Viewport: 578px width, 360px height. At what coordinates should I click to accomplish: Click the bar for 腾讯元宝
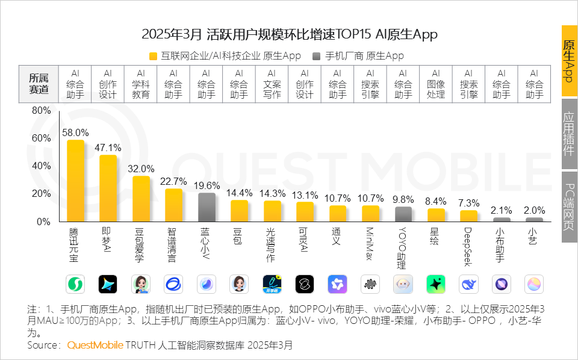[x=75, y=181]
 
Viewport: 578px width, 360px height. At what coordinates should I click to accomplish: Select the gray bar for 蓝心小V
[x=207, y=207]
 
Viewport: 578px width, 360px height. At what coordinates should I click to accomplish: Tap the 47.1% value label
[x=108, y=147]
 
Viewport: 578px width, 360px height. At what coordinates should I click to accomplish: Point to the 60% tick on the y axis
[x=41, y=138]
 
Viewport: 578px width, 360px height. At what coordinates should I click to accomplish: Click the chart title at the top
[x=289, y=34]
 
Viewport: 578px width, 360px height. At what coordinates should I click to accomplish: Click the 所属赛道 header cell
[x=39, y=83]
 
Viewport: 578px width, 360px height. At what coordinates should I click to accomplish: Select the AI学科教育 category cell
[x=141, y=83]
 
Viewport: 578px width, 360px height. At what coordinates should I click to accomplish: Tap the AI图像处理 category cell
[x=436, y=83]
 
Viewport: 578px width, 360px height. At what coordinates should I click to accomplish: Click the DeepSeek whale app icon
[x=468, y=284]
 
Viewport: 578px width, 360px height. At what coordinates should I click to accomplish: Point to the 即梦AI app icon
[x=108, y=284]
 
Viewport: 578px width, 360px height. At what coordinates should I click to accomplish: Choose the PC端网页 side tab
[x=569, y=207]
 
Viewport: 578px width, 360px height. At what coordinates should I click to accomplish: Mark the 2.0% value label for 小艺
[x=534, y=211]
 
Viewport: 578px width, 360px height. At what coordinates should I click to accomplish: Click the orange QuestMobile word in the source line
[x=95, y=346]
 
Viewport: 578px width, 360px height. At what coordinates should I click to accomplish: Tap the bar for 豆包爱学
[x=141, y=199]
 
